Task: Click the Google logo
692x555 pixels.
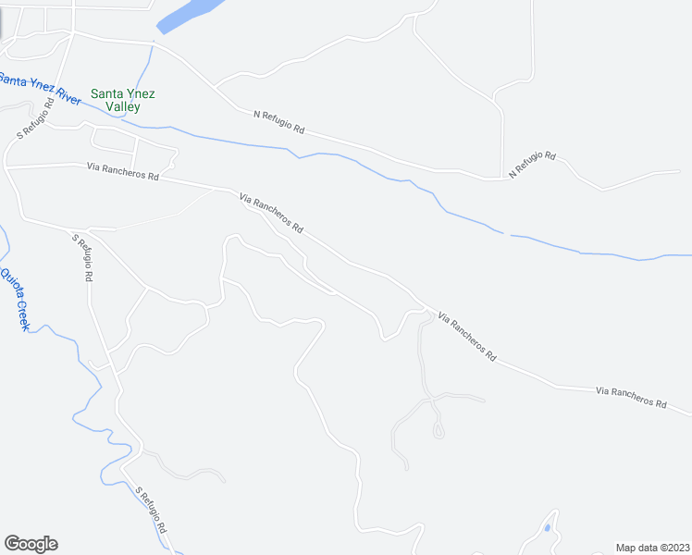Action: tap(31, 543)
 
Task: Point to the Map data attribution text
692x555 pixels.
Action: tap(651, 547)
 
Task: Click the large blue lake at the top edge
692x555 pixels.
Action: tap(190, 14)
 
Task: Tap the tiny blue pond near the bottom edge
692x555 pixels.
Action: tap(548, 528)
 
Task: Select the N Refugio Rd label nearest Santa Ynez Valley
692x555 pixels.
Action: tap(278, 122)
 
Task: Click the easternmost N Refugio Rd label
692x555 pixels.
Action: tap(532, 164)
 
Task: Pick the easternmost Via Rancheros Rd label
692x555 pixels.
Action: tap(632, 398)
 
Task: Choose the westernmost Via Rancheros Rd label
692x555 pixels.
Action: tap(122, 171)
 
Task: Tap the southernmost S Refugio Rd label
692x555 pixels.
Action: tap(150, 510)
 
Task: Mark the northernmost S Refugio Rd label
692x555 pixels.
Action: tap(36, 119)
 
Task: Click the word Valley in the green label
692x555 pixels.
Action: tap(122, 107)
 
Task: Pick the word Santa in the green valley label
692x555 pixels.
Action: tap(106, 93)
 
